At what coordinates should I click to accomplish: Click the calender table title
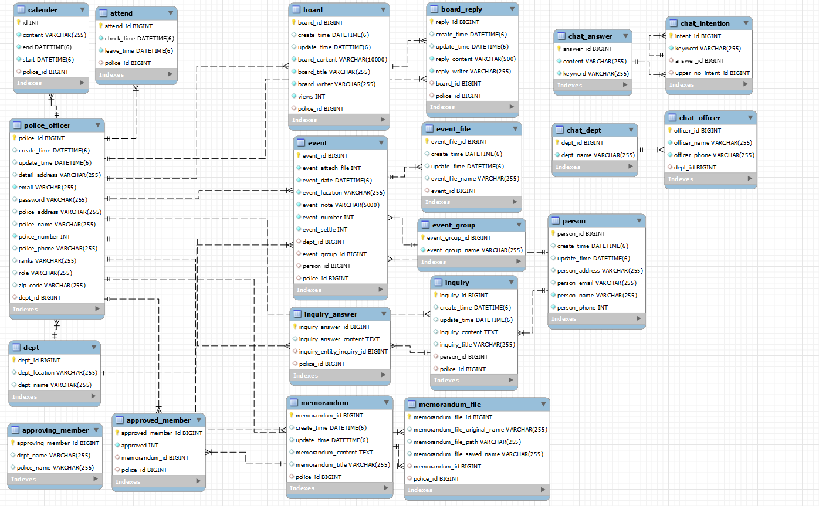42,11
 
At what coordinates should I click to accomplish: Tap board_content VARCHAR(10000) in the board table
343,59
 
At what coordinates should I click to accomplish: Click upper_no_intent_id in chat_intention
712,73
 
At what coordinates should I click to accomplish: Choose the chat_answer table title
590,36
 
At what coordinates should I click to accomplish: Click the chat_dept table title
584,130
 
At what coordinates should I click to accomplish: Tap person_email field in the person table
597,283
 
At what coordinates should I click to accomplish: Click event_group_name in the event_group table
475,250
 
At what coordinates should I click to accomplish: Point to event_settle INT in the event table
324,229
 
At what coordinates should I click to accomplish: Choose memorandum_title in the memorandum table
343,464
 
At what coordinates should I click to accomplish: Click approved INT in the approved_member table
136,445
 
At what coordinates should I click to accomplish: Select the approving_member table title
55,430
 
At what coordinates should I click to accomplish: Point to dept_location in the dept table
57,372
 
